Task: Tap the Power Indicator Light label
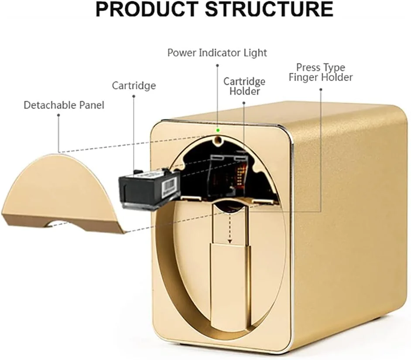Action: click(217, 53)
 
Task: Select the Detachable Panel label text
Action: click(64, 105)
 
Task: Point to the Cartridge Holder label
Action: click(244, 86)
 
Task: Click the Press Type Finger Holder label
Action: click(321, 72)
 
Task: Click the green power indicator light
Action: click(217, 130)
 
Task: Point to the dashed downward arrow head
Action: click(230, 241)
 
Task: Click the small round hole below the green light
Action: click(217, 140)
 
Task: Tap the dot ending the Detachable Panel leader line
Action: click(58, 115)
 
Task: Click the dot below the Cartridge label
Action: click(134, 96)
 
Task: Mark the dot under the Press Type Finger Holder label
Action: click(321, 89)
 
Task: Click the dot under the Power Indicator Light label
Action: click(217, 65)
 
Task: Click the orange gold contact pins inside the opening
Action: click(239, 175)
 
